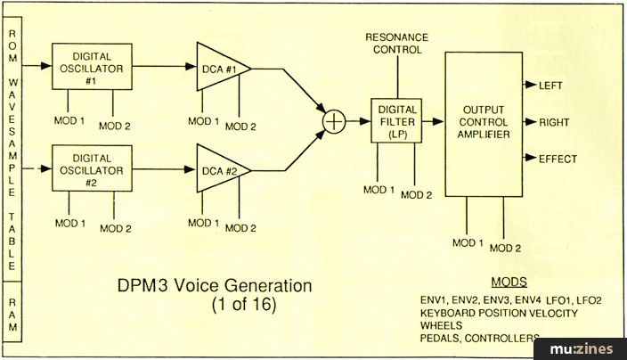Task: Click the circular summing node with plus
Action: tap(334, 120)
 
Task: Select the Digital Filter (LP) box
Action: tap(395, 120)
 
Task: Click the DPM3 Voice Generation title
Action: tap(215, 288)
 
